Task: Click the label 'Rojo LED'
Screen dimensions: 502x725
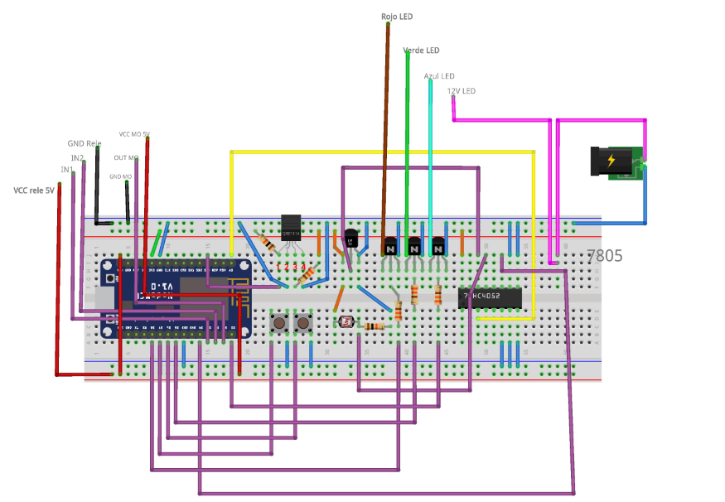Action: click(397, 17)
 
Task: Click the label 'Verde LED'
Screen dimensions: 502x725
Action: click(421, 51)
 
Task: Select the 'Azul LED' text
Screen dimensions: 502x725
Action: click(439, 76)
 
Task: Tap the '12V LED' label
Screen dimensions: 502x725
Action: click(462, 91)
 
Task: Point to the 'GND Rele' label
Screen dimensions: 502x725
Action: click(85, 143)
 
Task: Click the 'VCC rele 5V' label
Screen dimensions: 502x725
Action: click(34, 191)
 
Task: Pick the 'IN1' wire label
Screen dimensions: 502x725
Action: click(67, 170)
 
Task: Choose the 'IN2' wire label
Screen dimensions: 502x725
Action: click(77, 157)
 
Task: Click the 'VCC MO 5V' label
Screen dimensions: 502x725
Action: click(134, 134)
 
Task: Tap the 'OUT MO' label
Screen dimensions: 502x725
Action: click(127, 157)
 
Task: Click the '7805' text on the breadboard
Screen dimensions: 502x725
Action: click(605, 257)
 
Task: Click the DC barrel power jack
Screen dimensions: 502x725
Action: click(616, 162)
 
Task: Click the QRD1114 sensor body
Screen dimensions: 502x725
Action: click(291, 227)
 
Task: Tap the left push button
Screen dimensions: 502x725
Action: click(280, 321)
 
